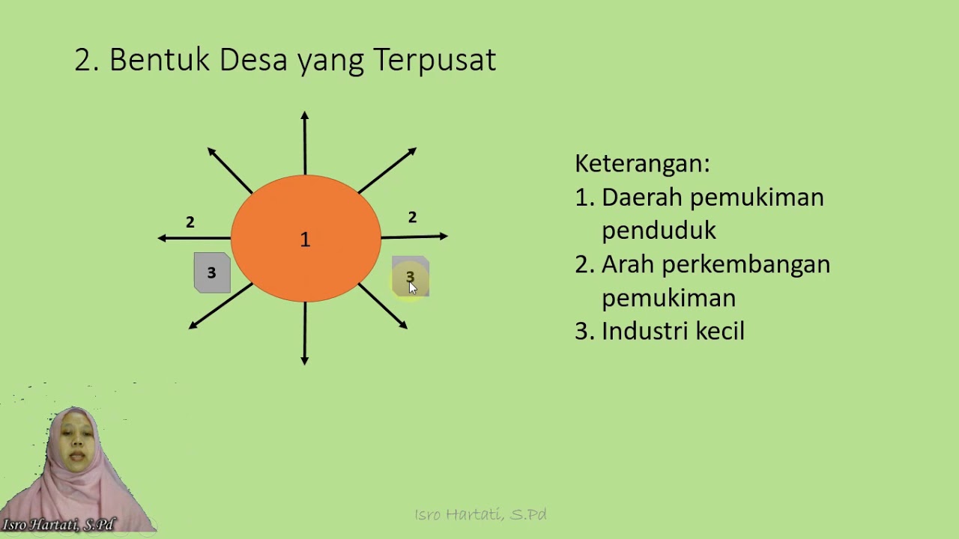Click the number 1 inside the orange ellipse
point(305,240)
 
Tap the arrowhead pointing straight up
point(304,116)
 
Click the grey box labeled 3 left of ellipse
point(212,272)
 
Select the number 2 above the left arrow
point(190,222)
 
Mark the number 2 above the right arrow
point(412,217)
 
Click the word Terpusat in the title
point(435,60)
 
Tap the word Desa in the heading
point(254,60)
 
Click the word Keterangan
point(641,163)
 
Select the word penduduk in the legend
point(659,231)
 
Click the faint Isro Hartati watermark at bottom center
point(480,514)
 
